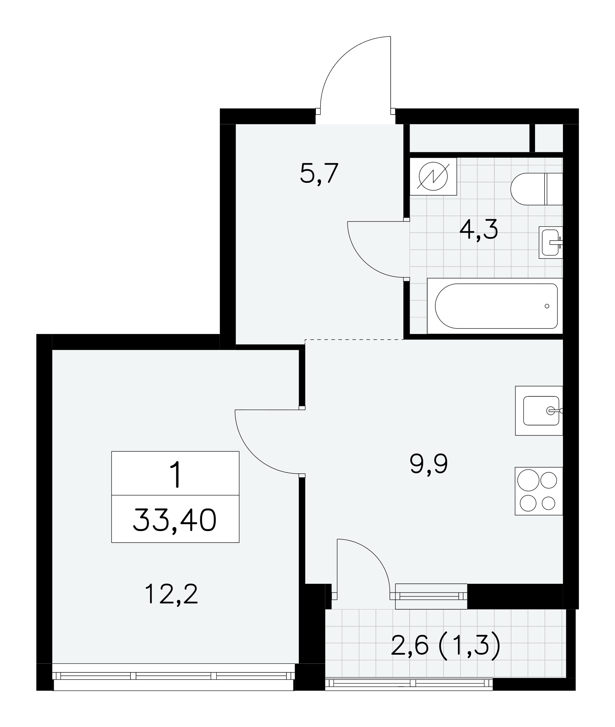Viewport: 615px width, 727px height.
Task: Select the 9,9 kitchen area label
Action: point(429,465)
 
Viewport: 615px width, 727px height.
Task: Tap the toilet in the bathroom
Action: point(536,189)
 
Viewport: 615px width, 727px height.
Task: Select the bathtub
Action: point(495,306)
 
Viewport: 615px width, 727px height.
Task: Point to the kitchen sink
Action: point(539,410)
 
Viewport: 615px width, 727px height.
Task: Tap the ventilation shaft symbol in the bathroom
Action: point(433,176)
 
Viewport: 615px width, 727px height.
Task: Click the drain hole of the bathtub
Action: point(547,306)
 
